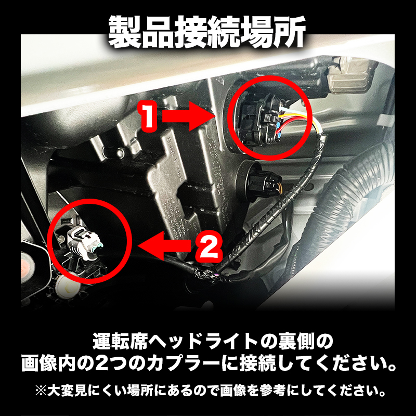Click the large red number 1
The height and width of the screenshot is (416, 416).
coord(148,116)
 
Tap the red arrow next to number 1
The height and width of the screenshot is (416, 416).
coord(185,116)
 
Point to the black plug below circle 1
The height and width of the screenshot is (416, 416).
coord(262,183)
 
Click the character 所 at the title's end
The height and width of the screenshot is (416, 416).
coord(289,32)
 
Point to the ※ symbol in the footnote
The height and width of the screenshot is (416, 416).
coord(41,391)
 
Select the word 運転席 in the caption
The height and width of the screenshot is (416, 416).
coord(120,342)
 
